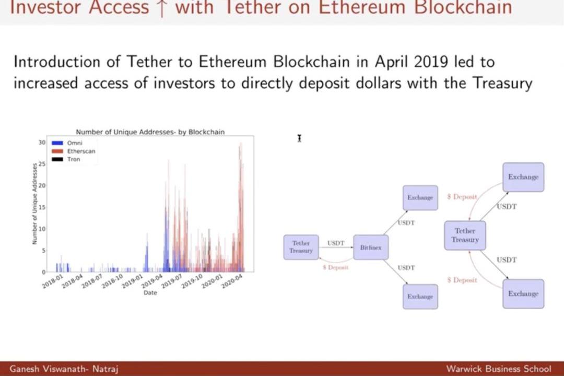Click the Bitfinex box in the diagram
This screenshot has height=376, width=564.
click(x=371, y=248)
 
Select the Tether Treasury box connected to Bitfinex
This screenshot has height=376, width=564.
click(x=301, y=247)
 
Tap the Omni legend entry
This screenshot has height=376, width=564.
click(x=75, y=143)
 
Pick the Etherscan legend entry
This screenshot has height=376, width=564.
click(x=81, y=151)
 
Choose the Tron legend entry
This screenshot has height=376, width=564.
click(x=74, y=159)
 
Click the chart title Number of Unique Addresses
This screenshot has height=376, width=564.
click(x=150, y=132)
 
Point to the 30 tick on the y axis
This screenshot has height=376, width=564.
click(x=42, y=142)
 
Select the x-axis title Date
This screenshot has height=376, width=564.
click(x=150, y=293)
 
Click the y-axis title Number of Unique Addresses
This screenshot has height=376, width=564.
click(x=34, y=204)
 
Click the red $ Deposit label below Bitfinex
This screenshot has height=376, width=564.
click(x=335, y=267)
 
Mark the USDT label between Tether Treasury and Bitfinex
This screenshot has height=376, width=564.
click(x=336, y=243)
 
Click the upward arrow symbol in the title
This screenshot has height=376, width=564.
click(x=161, y=9)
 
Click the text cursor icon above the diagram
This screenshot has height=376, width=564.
click(x=299, y=138)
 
